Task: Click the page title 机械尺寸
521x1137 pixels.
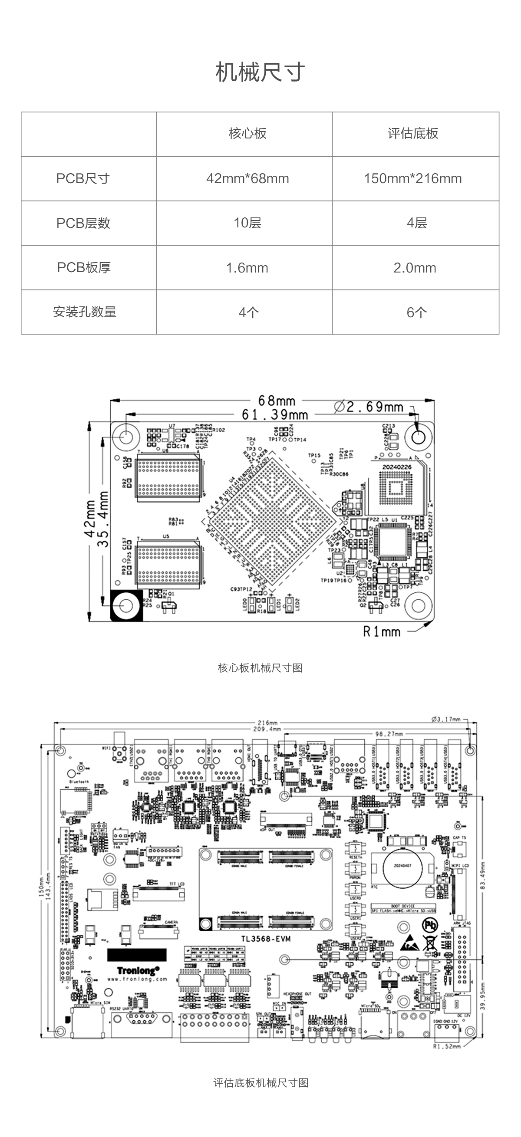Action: pyautogui.click(x=260, y=72)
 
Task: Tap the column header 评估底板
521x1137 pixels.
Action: pyautogui.click(x=413, y=134)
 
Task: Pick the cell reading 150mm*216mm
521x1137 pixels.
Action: pyautogui.click(x=413, y=179)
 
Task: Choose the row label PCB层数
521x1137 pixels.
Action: pyautogui.click(x=83, y=223)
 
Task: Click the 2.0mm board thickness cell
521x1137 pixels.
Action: pyautogui.click(x=415, y=268)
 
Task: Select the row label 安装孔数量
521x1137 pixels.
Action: pyautogui.click(x=84, y=312)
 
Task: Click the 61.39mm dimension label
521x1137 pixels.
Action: pyautogui.click(x=275, y=415)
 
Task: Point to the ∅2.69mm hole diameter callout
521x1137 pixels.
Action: pyautogui.click(x=369, y=407)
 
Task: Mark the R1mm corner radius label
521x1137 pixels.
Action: pyautogui.click(x=382, y=632)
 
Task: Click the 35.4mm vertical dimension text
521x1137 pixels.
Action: pyautogui.click(x=103, y=519)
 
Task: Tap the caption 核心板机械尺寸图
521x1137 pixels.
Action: pyautogui.click(x=260, y=668)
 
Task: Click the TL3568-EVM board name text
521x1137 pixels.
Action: pyautogui.click(x=266, y=939)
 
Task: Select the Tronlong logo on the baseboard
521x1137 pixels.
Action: pyautogui.click(x=138, y=971)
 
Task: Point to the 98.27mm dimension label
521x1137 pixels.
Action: pyautogui.click(x=389, y=734)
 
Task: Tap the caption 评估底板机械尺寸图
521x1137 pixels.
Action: pyautogui.click(x=260, y=1083)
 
